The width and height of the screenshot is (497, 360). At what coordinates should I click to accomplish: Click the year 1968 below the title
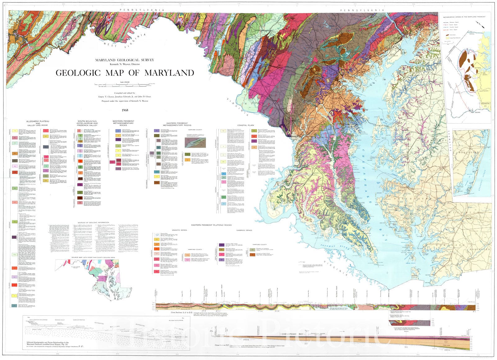[125, 110]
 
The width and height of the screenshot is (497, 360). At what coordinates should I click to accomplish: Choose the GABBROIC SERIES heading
[244, 230]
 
